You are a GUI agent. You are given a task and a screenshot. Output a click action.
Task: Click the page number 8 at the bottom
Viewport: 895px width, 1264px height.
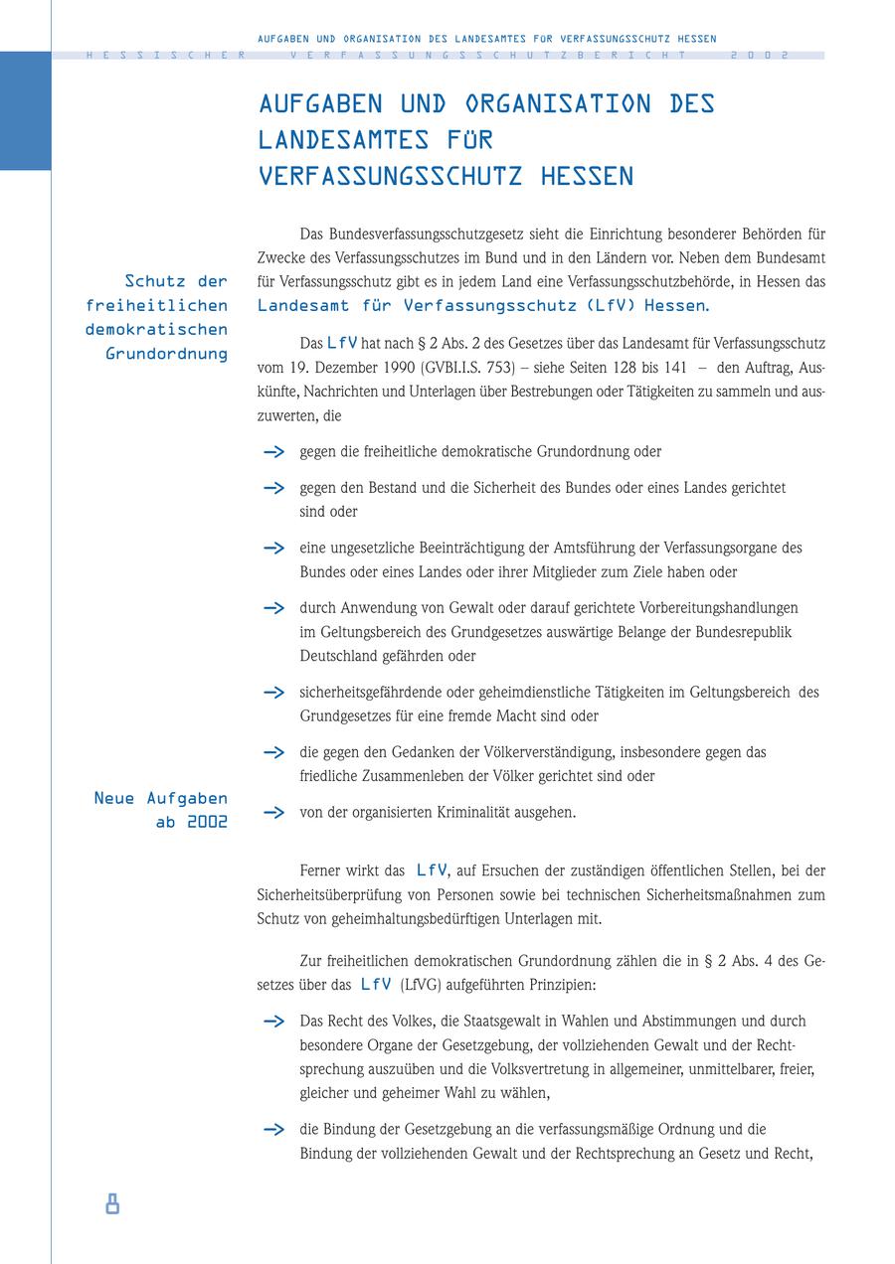pos(112,1204)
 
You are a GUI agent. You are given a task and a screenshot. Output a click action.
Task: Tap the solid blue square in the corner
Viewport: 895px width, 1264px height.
pos(25,111)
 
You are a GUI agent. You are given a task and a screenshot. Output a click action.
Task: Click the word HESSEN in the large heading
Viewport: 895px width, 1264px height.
pos(587,176)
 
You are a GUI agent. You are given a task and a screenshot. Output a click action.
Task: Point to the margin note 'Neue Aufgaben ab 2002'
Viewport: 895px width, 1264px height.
pos(160,810)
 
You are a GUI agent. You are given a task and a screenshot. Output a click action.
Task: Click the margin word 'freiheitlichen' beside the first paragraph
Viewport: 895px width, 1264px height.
pos(156,305)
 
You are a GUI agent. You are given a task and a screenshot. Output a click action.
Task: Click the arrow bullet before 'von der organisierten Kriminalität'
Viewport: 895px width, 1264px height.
pos(273,813)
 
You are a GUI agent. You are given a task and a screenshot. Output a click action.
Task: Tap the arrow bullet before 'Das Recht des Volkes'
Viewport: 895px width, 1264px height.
pos(273,1022)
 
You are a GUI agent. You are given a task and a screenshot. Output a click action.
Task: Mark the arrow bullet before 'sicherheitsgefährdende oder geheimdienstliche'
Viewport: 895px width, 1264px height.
pos(273,693)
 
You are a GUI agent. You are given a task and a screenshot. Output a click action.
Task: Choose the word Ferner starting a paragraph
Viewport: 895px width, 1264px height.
pos(320,870)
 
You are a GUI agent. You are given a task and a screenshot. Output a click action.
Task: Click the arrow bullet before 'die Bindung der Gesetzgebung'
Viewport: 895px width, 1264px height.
pos(273,1130)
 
